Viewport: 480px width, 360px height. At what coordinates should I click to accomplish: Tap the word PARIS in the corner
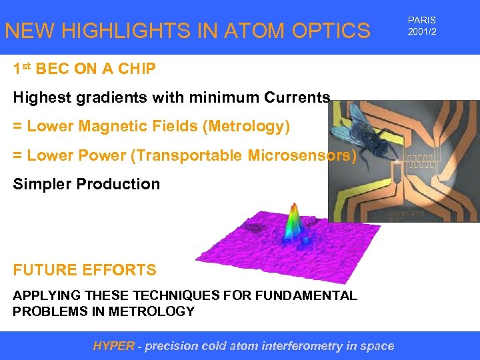pos(421,21)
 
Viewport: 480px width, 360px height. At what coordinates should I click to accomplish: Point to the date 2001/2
pos(422,32)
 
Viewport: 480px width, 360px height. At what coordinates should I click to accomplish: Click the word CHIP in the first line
pos(138,69)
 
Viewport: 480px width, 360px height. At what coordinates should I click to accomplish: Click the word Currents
pos(297,98)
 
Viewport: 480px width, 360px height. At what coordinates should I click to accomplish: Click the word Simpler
pos(43,184)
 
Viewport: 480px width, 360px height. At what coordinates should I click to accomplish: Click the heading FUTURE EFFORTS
pos(85,270)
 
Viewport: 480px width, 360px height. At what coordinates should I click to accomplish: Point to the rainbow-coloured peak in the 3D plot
pos(293,223)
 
